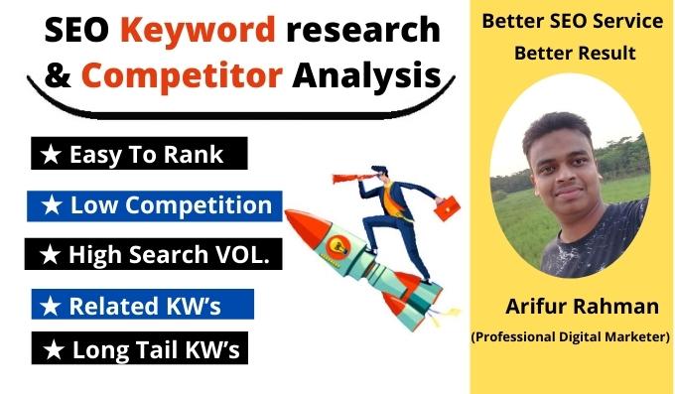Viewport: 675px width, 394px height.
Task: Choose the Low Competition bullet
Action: (x=156, y=205)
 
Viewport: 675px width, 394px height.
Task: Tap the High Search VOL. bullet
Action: (x=154, y=254)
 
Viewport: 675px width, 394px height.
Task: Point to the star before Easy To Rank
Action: (x=49, y=155)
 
